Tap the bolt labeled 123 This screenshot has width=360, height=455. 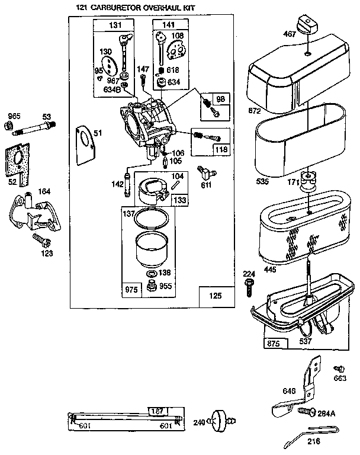43,240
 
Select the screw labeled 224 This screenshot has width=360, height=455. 249,289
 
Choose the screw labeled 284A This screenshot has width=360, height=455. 306,410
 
